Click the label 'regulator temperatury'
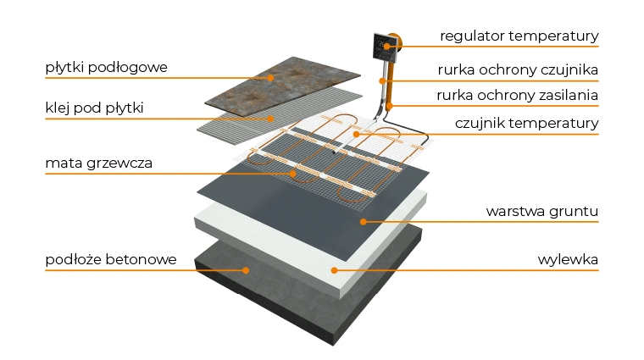tap(519, 36)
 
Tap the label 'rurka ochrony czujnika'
tap(519, 69)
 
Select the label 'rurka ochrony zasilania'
tap(519, 95)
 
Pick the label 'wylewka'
tap(568, 259)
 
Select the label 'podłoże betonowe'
tap(111, 259)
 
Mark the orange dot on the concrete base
tap(247, 270)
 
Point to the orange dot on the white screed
tap(334, 270)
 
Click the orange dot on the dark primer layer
tap(363, 222)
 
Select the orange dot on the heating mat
tap(294, 174)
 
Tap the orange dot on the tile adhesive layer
tap(272, 119)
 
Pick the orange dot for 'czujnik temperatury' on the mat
tap(357, 134)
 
